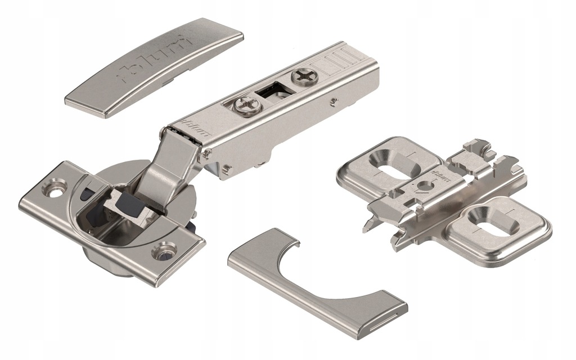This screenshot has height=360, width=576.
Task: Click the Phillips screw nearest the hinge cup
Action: (x=246, y=105)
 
